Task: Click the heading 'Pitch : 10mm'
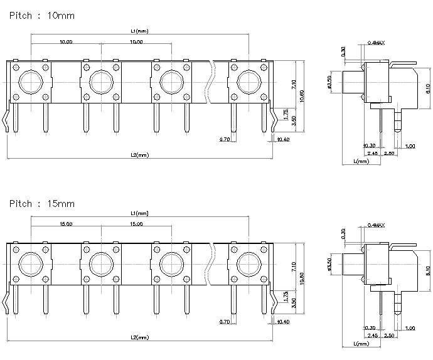(x=42, y=15)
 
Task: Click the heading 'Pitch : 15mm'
(x=42, y=204)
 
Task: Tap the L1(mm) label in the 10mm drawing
(x=139, y=30)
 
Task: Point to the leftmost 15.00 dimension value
(x=65, y=224)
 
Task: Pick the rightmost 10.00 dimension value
(x=136, y=41)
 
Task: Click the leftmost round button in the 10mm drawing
(x=30, y=82)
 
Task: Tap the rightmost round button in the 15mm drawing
(x=249, y=264)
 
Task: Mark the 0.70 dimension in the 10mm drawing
(x=224, y=139)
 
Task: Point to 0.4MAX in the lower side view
(x=375, y=225)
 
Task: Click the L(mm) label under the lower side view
(x=361, y=344)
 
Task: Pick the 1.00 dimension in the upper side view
(x=410, y=146)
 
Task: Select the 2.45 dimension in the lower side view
(x=372, y=335)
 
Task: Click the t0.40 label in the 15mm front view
(x=283, y=321)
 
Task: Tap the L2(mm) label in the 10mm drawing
(x=139, y=154)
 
